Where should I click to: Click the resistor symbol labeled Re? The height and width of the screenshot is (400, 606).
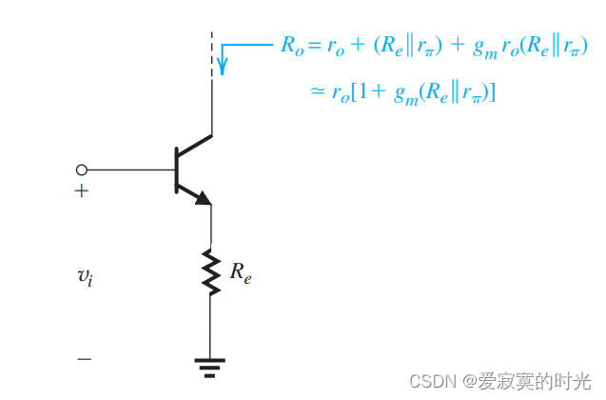click(211, 270)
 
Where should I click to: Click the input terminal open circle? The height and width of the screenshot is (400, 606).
click(81, 170)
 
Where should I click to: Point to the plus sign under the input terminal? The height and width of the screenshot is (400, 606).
click(82, 191)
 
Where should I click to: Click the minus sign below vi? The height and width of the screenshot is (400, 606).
click(85, 359)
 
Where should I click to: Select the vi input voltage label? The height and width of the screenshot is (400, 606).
click(86, 277)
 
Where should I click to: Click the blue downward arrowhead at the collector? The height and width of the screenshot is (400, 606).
click(223, 67)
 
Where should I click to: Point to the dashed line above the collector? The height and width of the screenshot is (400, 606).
click(211, 52)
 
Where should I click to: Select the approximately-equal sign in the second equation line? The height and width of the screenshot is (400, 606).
click(318, 92)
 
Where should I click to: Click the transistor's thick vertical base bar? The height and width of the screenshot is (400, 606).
click(177, 170)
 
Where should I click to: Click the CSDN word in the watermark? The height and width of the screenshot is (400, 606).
click(432, 380)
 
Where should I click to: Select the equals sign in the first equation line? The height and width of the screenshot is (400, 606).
click(312, 46)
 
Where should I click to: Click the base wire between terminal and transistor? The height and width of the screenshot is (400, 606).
click(129, 170)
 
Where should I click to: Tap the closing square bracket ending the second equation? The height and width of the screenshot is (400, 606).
click(496, 92)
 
